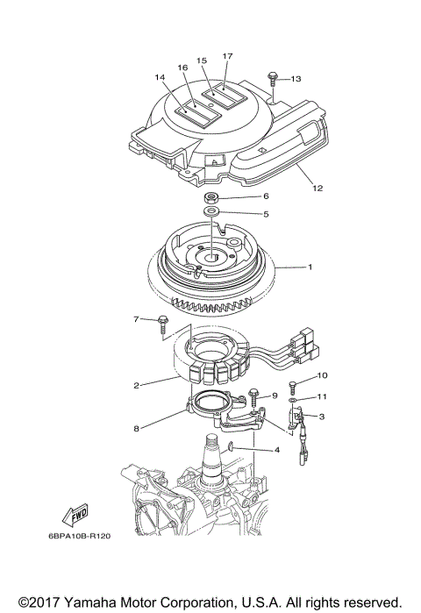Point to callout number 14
click(160, 78)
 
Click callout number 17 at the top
click(227, 56)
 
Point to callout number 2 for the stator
click(137, 384)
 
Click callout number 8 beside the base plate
click(137, 429)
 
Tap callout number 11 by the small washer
click(322, 396)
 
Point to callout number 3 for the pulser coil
click(322, 417)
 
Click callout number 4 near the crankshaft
click(277, 451)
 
